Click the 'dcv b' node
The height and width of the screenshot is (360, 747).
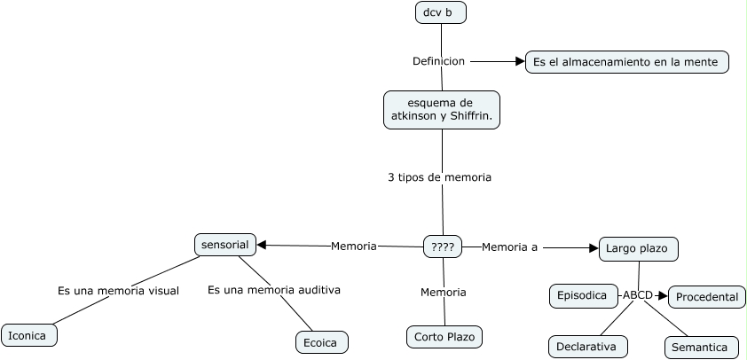click(441, 12)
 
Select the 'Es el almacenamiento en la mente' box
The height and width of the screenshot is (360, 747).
click(627, 62)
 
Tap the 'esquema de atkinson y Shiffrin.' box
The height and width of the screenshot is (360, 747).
click(442, 110)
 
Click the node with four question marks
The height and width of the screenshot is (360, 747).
click(443, 247)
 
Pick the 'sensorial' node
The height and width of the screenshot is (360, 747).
click(225, 245)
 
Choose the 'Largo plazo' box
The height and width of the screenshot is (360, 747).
click(639, 248)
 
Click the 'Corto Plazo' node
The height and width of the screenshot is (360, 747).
click(444, 337)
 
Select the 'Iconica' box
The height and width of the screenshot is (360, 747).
click(29, 335)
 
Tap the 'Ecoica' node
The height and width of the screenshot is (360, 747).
click(322, 342)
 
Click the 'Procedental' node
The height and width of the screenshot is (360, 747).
click(707, 297)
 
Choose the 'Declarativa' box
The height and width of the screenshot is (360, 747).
click(588, 347)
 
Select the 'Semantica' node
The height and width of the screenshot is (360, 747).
click(702, 348)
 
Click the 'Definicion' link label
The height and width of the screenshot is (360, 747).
click(438, 61)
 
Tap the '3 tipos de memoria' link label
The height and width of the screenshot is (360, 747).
click(439, 177)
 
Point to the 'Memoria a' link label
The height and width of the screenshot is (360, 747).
click(509, 247)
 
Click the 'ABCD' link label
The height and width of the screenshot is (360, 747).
click(637, 295)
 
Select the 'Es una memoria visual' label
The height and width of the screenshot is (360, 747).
click(118, 291)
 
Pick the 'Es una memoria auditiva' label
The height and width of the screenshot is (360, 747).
click(274, 290)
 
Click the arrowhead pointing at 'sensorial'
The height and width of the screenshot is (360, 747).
click(261, 246)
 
